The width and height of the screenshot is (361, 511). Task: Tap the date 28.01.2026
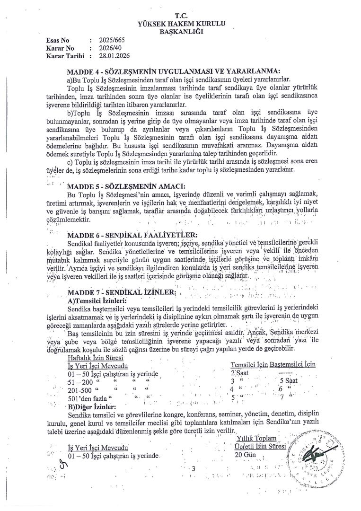click(107, 56)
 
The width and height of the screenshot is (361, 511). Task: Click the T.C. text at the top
click(181, 16)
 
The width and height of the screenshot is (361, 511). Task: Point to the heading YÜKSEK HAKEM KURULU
click(181, 24)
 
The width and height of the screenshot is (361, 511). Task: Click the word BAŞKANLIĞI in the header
click(181, 32)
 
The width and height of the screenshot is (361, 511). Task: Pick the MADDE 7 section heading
click(122, 292)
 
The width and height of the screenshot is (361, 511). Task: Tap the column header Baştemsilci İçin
click(292, 364)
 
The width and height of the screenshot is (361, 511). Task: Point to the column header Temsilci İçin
click(248, 364)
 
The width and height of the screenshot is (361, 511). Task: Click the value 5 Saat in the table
click(289, 380)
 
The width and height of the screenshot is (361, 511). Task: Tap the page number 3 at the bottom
click(194, 468)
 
